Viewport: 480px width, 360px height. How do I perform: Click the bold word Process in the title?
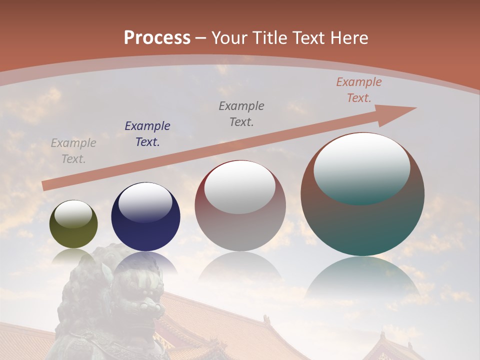tap(157, 38)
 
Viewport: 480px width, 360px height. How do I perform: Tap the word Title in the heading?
tap(268, 38)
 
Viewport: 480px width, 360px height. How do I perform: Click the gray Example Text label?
tap(73, 151)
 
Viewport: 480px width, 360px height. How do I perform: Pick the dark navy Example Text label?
tap(147, 134)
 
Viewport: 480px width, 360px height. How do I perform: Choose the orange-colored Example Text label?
tap(359, 90)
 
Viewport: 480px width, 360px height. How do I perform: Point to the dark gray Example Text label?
tap(241, 113)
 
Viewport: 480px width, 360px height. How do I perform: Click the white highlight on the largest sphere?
tap(362, 167)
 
